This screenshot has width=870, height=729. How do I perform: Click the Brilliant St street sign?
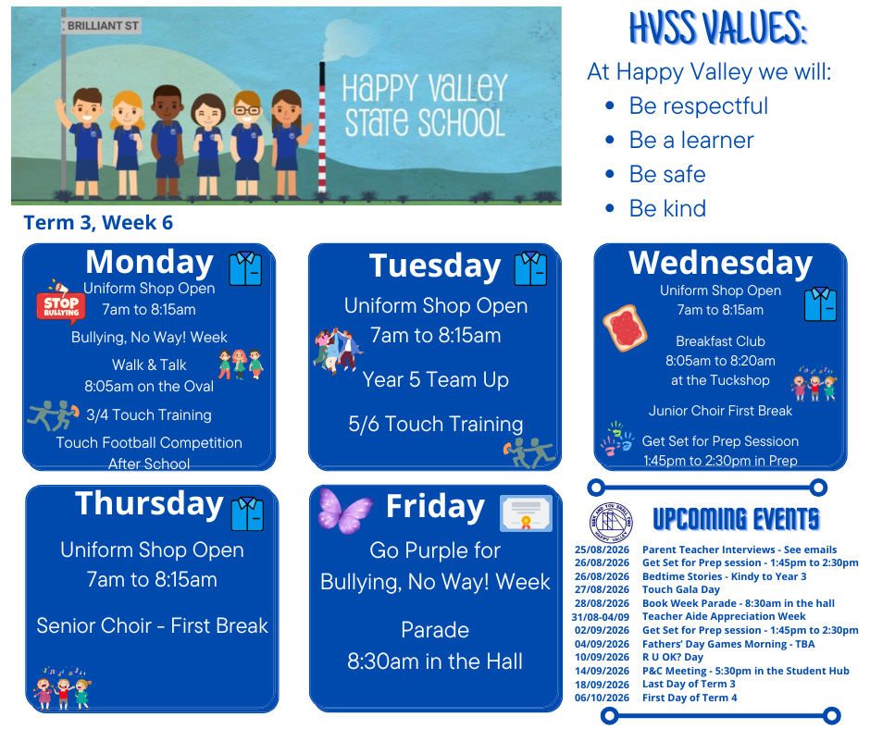[101, 26]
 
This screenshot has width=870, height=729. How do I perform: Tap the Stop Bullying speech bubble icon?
[61, 303]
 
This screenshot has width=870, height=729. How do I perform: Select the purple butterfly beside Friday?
[344, 511]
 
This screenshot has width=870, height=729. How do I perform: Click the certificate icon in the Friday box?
[526, 513]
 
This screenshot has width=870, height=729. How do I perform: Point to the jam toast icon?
[625, 327]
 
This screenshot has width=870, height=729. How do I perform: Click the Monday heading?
[149, 263]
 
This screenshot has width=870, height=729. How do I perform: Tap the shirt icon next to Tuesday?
[530, 268]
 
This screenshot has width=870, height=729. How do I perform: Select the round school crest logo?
[610, 523]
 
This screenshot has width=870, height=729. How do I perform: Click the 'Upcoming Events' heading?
[736, 519]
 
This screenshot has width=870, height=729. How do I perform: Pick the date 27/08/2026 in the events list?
[602, 589]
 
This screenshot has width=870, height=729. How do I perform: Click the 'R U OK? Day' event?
[673, 658]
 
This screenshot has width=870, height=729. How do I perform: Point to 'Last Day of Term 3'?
[689, 684]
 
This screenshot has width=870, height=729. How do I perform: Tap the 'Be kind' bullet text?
[667, 208]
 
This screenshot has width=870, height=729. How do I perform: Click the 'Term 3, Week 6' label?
[98, 222]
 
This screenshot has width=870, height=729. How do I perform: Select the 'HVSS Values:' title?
[718, 28]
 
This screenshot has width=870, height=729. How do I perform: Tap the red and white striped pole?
[322, 128]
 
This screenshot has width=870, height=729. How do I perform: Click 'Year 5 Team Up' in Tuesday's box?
[436, 380]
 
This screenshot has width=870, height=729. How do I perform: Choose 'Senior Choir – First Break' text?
[152, 625]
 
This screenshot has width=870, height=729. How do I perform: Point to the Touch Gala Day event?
[681, 589]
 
